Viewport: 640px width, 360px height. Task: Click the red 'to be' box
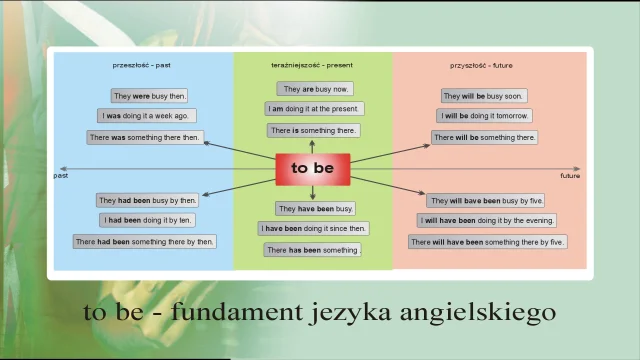coord(312,169)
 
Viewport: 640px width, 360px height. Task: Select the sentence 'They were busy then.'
coord(149,96)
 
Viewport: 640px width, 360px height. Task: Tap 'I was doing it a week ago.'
coord(147,116)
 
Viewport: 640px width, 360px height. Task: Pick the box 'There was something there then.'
coord(144,137)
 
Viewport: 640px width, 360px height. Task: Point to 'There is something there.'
coord(313,130)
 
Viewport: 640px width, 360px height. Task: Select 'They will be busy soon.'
coord(484,96)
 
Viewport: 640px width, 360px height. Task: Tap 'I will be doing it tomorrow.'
coord(485,116)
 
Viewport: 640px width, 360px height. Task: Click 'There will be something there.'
coord(485,137)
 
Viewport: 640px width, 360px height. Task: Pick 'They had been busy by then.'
coord(147,200)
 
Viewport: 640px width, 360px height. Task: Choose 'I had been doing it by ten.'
coord(147,220)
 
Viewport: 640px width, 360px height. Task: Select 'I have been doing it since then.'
coord(314,229)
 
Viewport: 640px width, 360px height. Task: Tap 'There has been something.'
coord(313,250)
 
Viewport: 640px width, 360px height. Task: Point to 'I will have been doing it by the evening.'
coord(487,220)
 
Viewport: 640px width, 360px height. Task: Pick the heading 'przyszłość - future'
coord(482,65)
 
